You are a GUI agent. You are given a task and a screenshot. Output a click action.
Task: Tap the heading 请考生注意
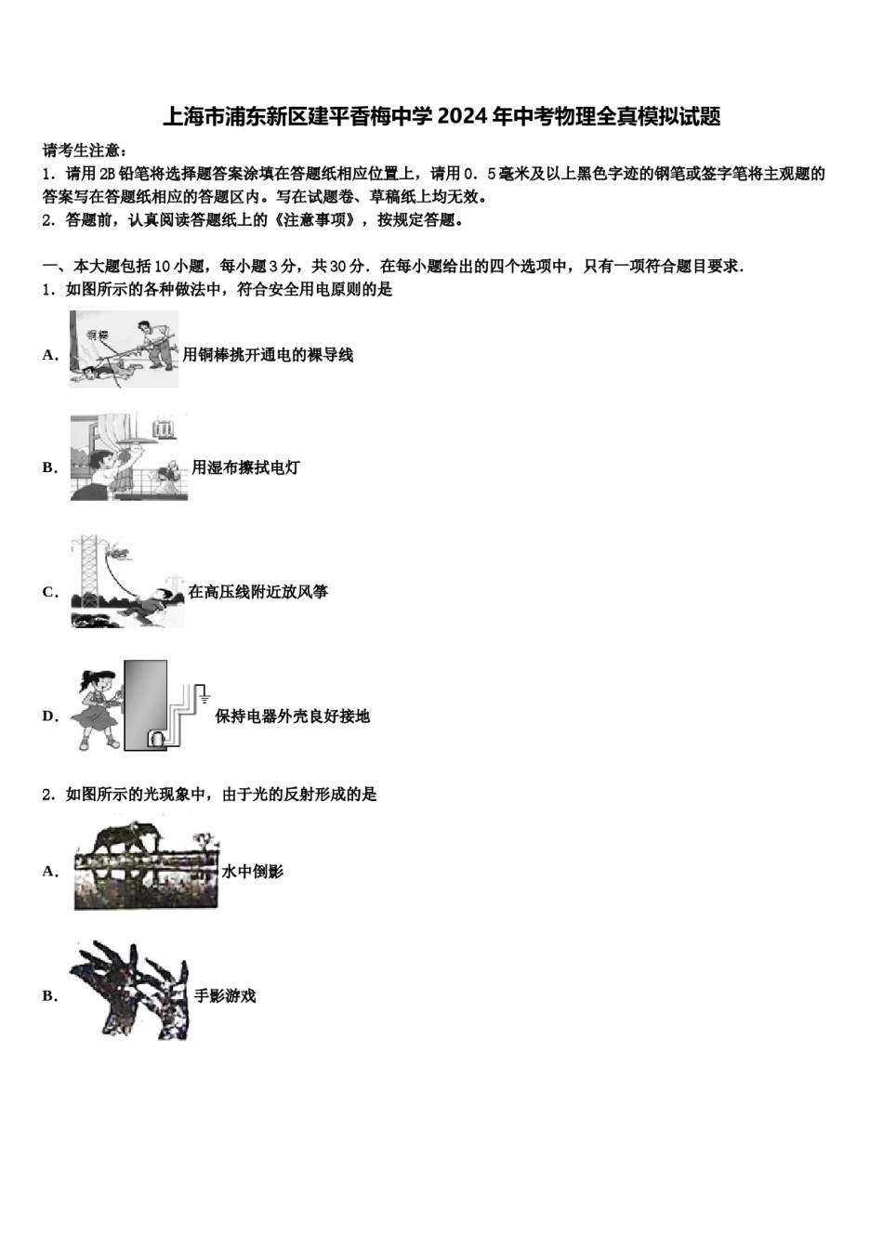(85, 151)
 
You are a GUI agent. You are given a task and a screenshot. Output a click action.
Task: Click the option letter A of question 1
(50, 354)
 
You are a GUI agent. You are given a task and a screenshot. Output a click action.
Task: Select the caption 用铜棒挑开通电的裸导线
(268, 354)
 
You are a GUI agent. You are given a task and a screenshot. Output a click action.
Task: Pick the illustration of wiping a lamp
(128, 456)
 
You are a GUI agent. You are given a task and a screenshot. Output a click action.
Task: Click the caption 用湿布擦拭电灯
(245, 467)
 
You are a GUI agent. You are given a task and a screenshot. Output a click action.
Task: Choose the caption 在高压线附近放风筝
(257, 591)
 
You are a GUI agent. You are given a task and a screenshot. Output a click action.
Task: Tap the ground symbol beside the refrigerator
(204, 696)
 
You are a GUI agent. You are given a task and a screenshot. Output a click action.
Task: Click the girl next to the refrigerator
(97, 708)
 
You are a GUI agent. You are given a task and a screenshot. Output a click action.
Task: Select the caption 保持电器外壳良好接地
(292, 716)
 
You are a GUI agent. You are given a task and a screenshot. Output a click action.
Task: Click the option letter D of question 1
(50, 716)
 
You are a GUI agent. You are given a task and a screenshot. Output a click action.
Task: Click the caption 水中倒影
(252, 871)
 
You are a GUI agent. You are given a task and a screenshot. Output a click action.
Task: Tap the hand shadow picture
(130, 989)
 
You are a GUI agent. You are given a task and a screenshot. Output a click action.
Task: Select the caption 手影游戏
(224, 995)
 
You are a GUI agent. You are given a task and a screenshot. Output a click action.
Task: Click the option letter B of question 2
(50, 995)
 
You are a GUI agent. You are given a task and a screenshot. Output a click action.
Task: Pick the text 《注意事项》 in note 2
(319, 220)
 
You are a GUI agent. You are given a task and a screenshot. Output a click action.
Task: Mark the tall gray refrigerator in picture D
(145, 704)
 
